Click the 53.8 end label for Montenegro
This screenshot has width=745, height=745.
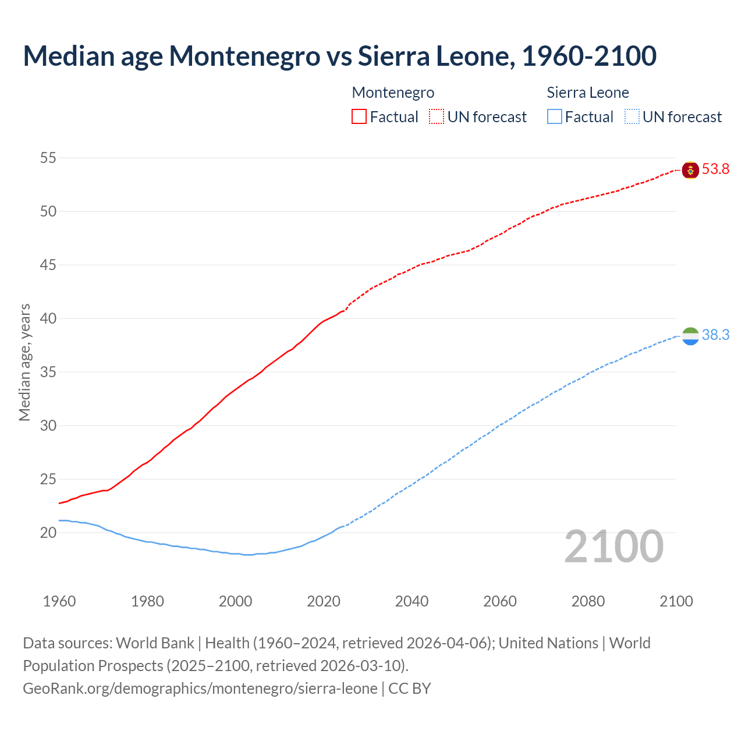pyautogui.click(x=715, y=169)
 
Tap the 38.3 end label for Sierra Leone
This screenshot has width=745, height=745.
pyautogui.click(x=715, y=335)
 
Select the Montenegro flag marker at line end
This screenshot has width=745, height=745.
pyautogui.click(x=690, y=170)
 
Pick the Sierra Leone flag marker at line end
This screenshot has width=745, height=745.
pyautogui.click(x=690, y=336)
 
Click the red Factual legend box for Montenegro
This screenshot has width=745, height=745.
pyautogui.click(x=359, y=117)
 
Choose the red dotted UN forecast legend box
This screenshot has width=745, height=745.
pyautogui.click(x=437, y=117)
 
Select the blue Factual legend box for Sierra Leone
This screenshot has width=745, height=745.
pyautogui.click(x=555, y=117)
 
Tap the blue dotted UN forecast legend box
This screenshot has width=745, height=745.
pyautogui.click(x=632, y=117)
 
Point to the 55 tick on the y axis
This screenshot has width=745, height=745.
pyautogui.click(x=48, y=158)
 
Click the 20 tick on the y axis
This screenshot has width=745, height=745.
pyautogui.click(x=48, y=533)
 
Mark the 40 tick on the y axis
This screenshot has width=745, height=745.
pyautogui.click(x=48, y=318)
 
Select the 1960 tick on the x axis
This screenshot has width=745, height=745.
pyautogui.click(x=59, y=601)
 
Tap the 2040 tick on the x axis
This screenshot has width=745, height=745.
pyautogui.click(x=411, y=601)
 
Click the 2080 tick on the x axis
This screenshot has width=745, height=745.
pyautogui.click(x=588, y=601)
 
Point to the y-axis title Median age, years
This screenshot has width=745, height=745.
pyautogui.click(x=24, y=362)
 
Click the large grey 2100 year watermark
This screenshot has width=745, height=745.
pyautogui.click(x=613, y=546)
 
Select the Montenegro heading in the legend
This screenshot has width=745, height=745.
pyautogui.click(x=393, y=93)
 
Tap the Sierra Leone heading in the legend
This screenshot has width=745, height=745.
pyautogui.click(x=588, y=93)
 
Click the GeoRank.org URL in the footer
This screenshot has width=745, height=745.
pyautogui.click(x=200, y=689)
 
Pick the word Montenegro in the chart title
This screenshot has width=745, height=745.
pyautogui.click(x=244, y=56)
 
